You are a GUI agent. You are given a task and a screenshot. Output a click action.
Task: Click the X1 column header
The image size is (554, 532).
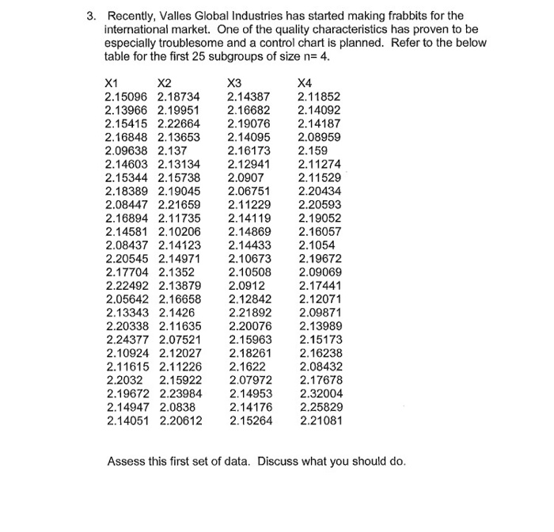(112, 82)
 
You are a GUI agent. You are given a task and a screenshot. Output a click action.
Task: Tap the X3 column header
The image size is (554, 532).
(233, 82)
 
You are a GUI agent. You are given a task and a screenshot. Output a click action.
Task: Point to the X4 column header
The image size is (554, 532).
(304, 82)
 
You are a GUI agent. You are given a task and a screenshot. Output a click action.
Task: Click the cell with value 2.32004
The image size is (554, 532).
(321, 393)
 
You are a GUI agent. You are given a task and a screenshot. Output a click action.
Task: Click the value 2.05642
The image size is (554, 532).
(127, 299)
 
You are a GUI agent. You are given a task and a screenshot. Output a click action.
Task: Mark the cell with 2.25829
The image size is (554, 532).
(321, 407)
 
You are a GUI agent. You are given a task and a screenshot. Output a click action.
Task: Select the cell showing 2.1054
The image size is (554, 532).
(316, 245)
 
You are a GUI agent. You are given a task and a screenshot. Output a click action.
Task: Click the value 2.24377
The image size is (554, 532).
(127, 340)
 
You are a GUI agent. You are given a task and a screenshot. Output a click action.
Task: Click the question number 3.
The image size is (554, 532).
(91, 16)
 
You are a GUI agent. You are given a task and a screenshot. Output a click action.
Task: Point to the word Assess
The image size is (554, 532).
(127, 461)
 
